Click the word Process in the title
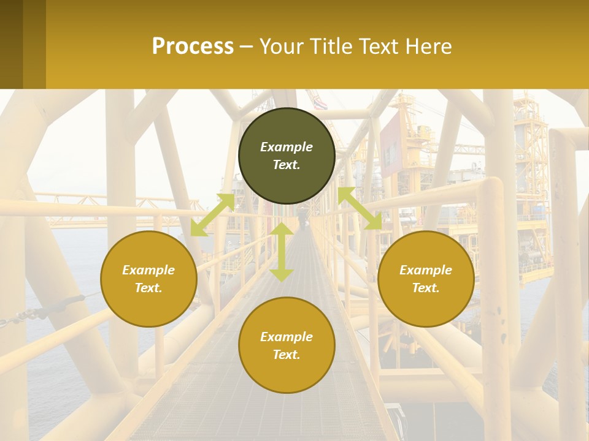click(x=193, y=47)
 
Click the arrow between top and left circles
click(x=213, y=214)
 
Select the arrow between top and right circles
click(x=360, y=209)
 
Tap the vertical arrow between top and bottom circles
click(x=282, y=252)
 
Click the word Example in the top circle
click(x=287, y=147)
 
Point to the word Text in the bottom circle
click(x=287, y=355)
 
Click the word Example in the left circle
click(x=148, y=270)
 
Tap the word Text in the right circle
click(x=426, y=288)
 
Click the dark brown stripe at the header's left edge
click(x=11, y=44)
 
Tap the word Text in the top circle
click(x=287, y=165)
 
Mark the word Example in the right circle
click(x=426, y=270)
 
